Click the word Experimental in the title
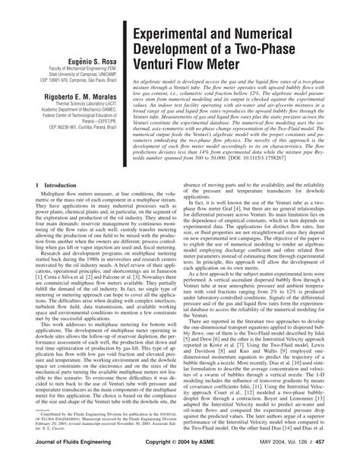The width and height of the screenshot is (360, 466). pyautogui.click(x=176, y=38)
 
